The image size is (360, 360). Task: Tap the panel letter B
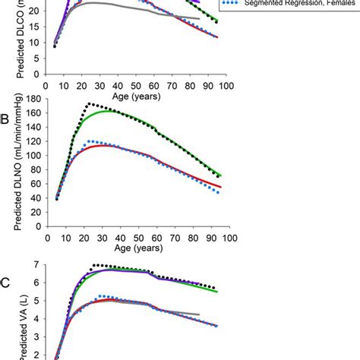(x=5, y=119)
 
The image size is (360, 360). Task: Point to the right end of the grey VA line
(x=200, y=314)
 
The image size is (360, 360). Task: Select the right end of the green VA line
(x=218, y=292)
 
